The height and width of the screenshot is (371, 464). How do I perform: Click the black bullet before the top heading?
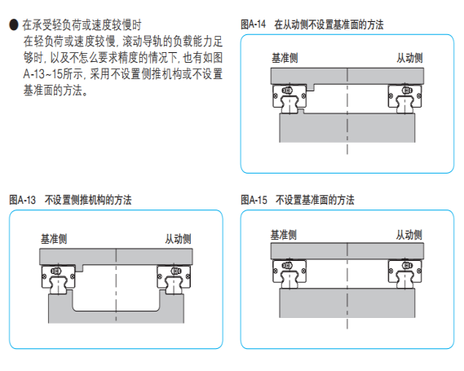click(14, 24)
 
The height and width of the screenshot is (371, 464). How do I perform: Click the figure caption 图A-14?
click(254, 24)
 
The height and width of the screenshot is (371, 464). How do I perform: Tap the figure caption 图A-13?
click(23, 200)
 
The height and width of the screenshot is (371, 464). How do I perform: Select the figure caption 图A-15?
click(254, 200)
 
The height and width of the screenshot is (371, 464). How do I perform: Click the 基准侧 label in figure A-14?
click(285, 58)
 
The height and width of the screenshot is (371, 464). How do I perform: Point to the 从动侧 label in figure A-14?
click(409, 58)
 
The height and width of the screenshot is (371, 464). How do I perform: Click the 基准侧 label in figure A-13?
click(54, 239)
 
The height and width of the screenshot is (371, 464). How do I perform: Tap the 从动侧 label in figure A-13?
click(178, 239)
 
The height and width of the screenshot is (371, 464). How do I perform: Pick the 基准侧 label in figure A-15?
click(284, 235)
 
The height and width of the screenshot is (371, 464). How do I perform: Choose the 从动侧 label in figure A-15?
click(409, 235)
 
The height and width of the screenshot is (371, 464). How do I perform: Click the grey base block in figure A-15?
click(347, 303)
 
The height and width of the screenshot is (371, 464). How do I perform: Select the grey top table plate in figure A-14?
click(347, 77)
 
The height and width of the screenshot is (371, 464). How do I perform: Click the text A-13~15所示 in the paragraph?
click(53, 74)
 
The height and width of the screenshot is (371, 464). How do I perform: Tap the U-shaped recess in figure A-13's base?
click(116, 311)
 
